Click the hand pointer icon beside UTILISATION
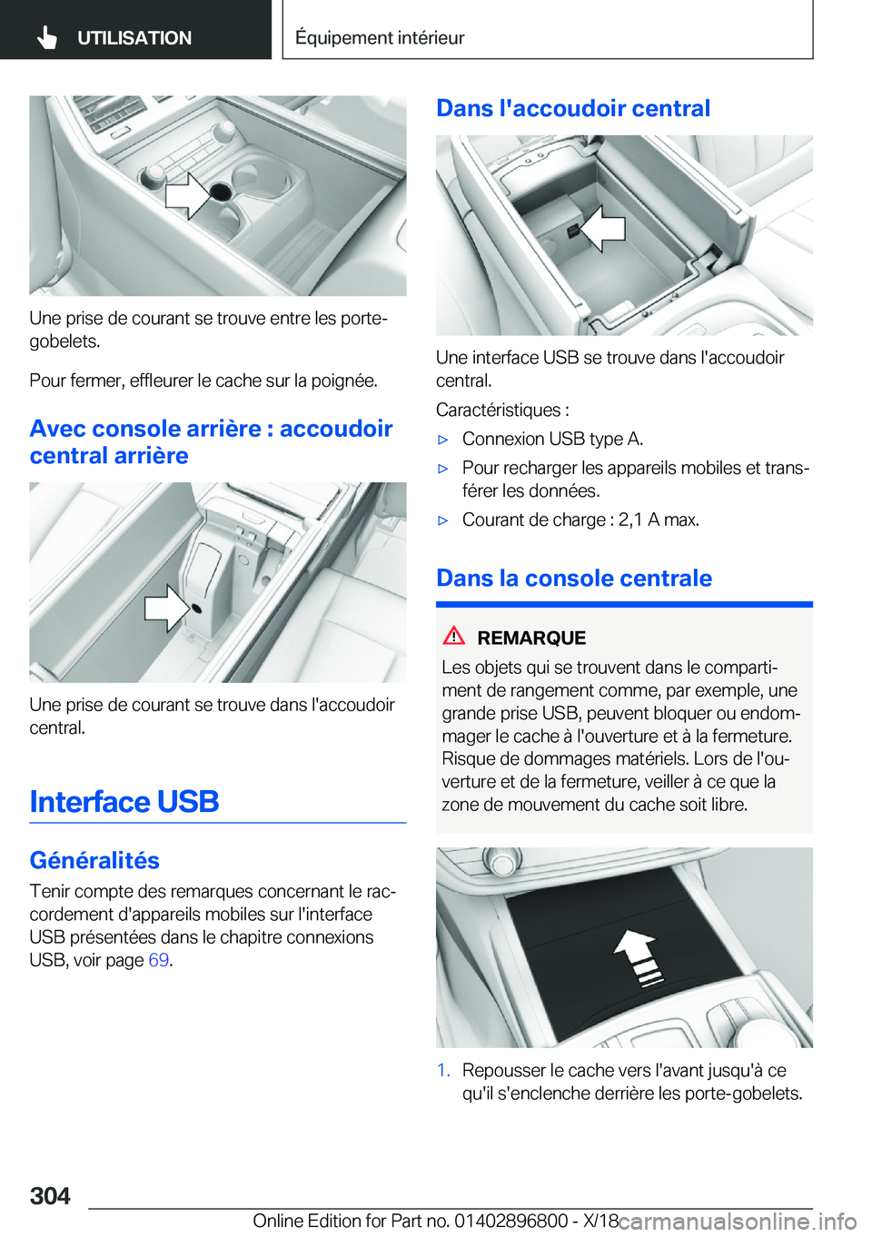47,38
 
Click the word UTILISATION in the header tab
134,38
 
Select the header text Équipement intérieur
380,37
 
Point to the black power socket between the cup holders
221,191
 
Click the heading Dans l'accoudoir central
573,108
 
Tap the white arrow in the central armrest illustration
602,228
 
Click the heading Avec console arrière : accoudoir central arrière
211,441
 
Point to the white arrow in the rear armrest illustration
168,608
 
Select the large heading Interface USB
124,801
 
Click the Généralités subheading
94,860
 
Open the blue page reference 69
158,960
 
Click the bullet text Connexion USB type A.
553,439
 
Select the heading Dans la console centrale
574,579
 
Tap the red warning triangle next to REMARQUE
454,636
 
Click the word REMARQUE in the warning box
531,638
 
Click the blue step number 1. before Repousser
444,1070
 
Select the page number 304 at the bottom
50,1195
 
